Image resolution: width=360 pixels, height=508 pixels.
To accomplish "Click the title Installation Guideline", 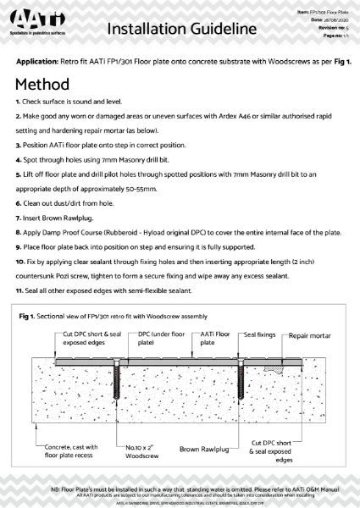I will click(x=181, y=30).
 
